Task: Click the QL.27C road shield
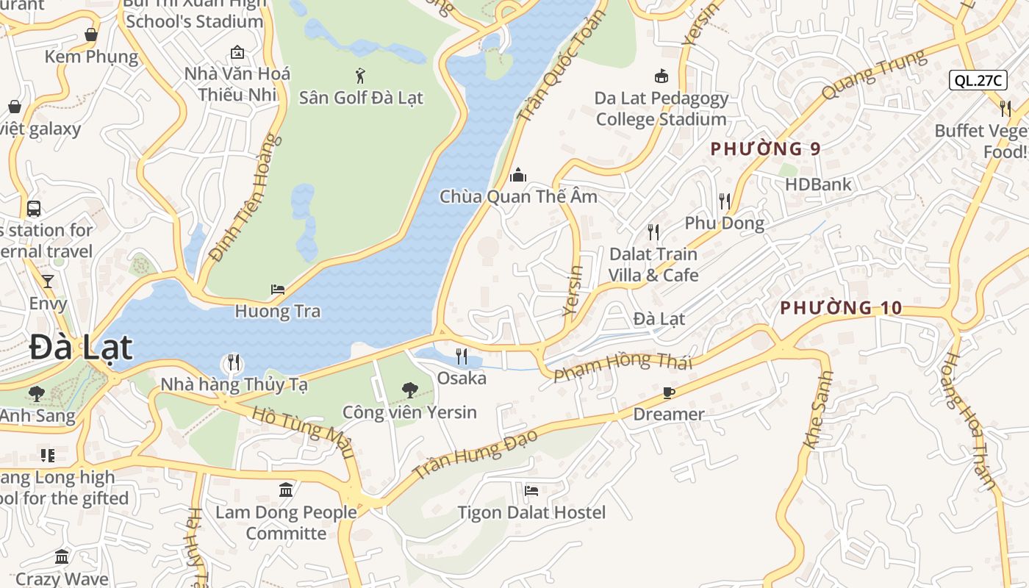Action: pyautogui.click(x=978, y=81)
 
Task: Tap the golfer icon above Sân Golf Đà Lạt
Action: pyautogui.click(x=360, y=75)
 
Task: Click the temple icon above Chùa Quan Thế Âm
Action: pyautogui.click(x=518, y=175)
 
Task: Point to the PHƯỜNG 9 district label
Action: pyautogui.click(x=765, y=149)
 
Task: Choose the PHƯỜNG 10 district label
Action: pyautogui.click(x=840, y=308)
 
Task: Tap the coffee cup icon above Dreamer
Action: pyautogui.click(x=668, y=392)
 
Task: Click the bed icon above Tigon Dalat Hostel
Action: pyautogui.click(x=531, y=490)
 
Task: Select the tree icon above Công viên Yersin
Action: pyautogui.click(x=409, y=390)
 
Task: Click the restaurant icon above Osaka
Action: pyautogui.click(x=462, y=356)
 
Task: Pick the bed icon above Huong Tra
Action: pyautogui.click(x=278, y=290)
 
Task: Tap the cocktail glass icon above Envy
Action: pyautogui.click(x=48, y=282)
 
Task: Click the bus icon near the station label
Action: pyautogui.click(x=34, y=209)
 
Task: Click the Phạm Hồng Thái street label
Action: pyautogui.click(x=623, y=365)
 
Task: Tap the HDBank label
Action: pyautogui.click(x=818, y=184)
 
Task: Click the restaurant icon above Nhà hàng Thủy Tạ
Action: pyautogui.click(x=234, y=362)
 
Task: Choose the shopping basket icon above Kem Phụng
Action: pyautogui.click(x=91, y=35)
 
